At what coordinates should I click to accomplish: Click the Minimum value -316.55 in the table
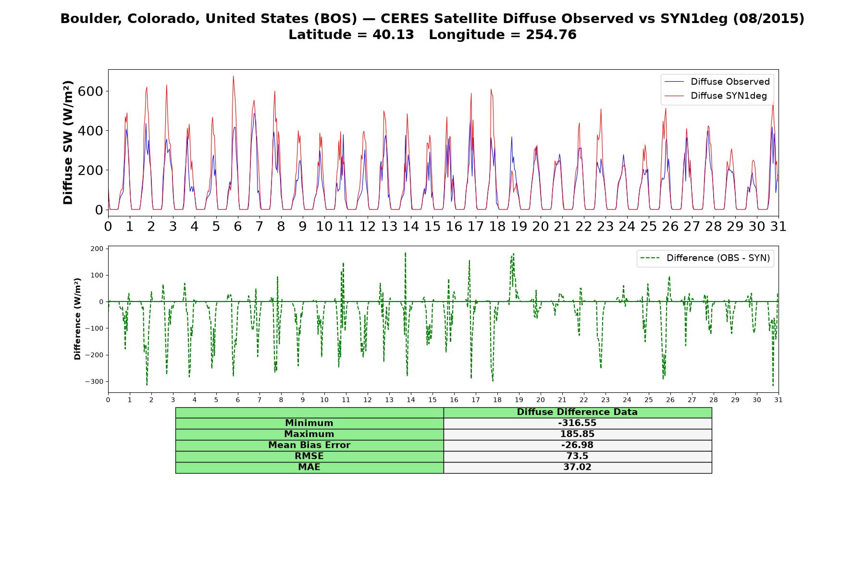pos(577,423)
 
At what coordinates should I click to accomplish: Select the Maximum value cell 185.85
pos(577,434)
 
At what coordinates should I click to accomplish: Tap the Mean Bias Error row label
pos(309,445)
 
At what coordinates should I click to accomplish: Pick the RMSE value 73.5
pos(577,456)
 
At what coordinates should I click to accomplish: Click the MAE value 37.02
pos(577,467)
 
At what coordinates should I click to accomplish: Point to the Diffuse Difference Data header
pos(577,412)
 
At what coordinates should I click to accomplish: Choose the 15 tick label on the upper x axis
pos(432,226)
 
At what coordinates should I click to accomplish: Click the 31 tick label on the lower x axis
pos(778,400)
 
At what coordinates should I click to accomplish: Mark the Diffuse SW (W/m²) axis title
pos(68,143)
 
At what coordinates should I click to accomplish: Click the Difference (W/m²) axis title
pos(77,319)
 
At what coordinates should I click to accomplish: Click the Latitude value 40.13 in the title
pos(393,35)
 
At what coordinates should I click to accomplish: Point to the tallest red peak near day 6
pos(233,76)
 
